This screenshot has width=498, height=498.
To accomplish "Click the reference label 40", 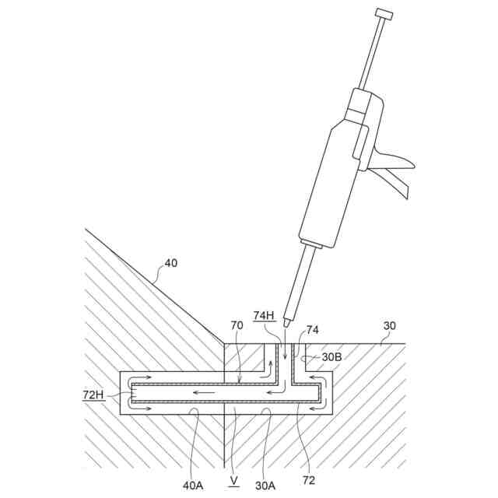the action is pyautogui.click(x=170, y=263).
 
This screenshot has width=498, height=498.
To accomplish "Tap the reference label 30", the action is pyautogui.click(x=390, y=326).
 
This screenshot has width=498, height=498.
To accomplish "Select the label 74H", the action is pyautogui.click(x=264, y=315).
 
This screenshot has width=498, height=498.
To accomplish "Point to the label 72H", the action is pyautogui.click(x=93, y=395).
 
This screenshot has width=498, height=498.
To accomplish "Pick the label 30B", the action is pyautogui.click(x=331, y=357).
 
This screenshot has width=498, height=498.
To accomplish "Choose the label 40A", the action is pyautogui.click(x=193, y=485).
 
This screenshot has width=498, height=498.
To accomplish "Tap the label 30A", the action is pyautogui.click(x=265, y=485).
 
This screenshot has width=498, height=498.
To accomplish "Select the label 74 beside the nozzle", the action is pyautogui.click(x=312, y=330).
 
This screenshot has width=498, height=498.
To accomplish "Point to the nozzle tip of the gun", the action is pyautogui.click(x=287, y=321).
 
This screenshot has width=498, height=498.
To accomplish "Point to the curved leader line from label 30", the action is pyautogui.click(x=379, y=337).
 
